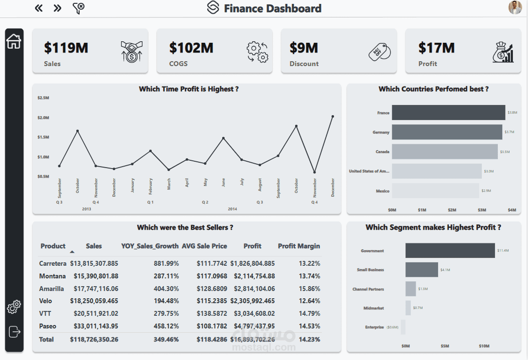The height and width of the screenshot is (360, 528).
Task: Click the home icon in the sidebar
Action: [14, 41]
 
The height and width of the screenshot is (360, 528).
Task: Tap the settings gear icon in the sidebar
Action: [14, 307]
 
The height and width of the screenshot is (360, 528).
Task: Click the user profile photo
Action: [515, 8]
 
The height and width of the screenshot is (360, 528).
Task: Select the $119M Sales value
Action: [66, 48]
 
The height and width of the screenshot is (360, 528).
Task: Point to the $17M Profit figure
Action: [437, 48]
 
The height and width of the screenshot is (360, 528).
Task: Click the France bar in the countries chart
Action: [448, 113]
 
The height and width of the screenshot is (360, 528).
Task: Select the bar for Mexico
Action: [435, 190]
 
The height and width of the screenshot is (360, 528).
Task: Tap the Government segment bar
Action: [450, 251]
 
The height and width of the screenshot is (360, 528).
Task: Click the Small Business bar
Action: [422, 270]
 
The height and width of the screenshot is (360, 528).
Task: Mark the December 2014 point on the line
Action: [333, 117]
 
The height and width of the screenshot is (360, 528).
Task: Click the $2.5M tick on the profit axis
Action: [43, 98]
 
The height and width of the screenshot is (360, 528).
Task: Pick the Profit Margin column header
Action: [299, 246]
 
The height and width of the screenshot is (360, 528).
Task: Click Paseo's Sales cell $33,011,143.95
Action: [96, 326]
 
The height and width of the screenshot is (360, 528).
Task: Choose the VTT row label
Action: [45, 313]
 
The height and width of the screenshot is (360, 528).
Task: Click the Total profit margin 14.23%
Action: [309, 339]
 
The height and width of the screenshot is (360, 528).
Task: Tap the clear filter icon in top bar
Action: [78, 8]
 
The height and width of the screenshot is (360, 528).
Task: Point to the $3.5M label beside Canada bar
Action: [504, 152]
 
